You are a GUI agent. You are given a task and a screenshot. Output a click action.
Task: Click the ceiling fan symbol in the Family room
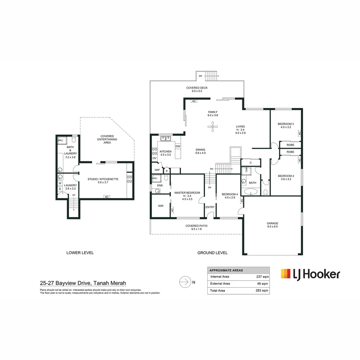212,126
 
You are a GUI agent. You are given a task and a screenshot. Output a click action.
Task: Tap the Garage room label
272,223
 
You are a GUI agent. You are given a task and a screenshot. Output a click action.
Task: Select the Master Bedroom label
187,193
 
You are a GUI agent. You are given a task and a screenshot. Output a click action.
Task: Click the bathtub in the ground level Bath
251,192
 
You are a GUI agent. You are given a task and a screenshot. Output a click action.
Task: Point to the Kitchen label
166,152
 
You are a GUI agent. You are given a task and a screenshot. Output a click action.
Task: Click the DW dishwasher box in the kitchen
178,146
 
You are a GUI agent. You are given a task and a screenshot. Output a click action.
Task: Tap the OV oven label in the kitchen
154,158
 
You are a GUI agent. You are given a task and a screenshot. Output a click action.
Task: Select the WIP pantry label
157,170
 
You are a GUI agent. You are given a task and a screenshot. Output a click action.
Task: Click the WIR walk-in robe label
161,206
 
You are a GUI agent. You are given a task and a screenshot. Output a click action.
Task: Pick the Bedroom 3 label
285,124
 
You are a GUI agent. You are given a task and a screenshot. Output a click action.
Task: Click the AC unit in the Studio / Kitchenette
107,197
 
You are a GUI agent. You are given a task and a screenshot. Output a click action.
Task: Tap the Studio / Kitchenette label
103,179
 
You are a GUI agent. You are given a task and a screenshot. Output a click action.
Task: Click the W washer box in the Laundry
60,183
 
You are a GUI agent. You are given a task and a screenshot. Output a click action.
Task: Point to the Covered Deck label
197,88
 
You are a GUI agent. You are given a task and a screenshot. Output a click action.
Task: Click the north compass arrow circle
184,282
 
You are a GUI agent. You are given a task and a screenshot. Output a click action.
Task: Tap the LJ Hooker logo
310,274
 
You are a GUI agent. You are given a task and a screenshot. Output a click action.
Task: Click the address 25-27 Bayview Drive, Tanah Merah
83,283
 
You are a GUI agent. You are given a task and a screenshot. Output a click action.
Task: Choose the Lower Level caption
80,253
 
